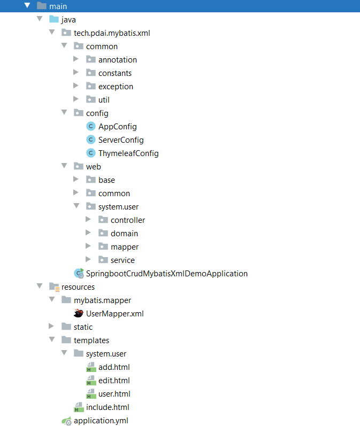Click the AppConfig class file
click(117, 127)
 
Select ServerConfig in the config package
click(121, 140)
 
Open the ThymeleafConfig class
click(128, 153)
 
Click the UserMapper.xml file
click(114, 314)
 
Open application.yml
click(101, 421)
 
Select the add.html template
click(114, 367)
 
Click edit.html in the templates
click(114, 381)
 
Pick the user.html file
click(114, 394)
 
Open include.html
click(108, 407)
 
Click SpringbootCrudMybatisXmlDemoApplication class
click(166, 274)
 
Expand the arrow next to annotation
click(76, 59)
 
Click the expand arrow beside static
click(51, 327)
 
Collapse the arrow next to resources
click(39, 286)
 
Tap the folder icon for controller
click(103, 220)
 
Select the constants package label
click(114, 73)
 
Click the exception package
click(116, 87)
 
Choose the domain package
click(124, 234)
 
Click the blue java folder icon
click(53, 19)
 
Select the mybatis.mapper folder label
click(102, 300)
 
